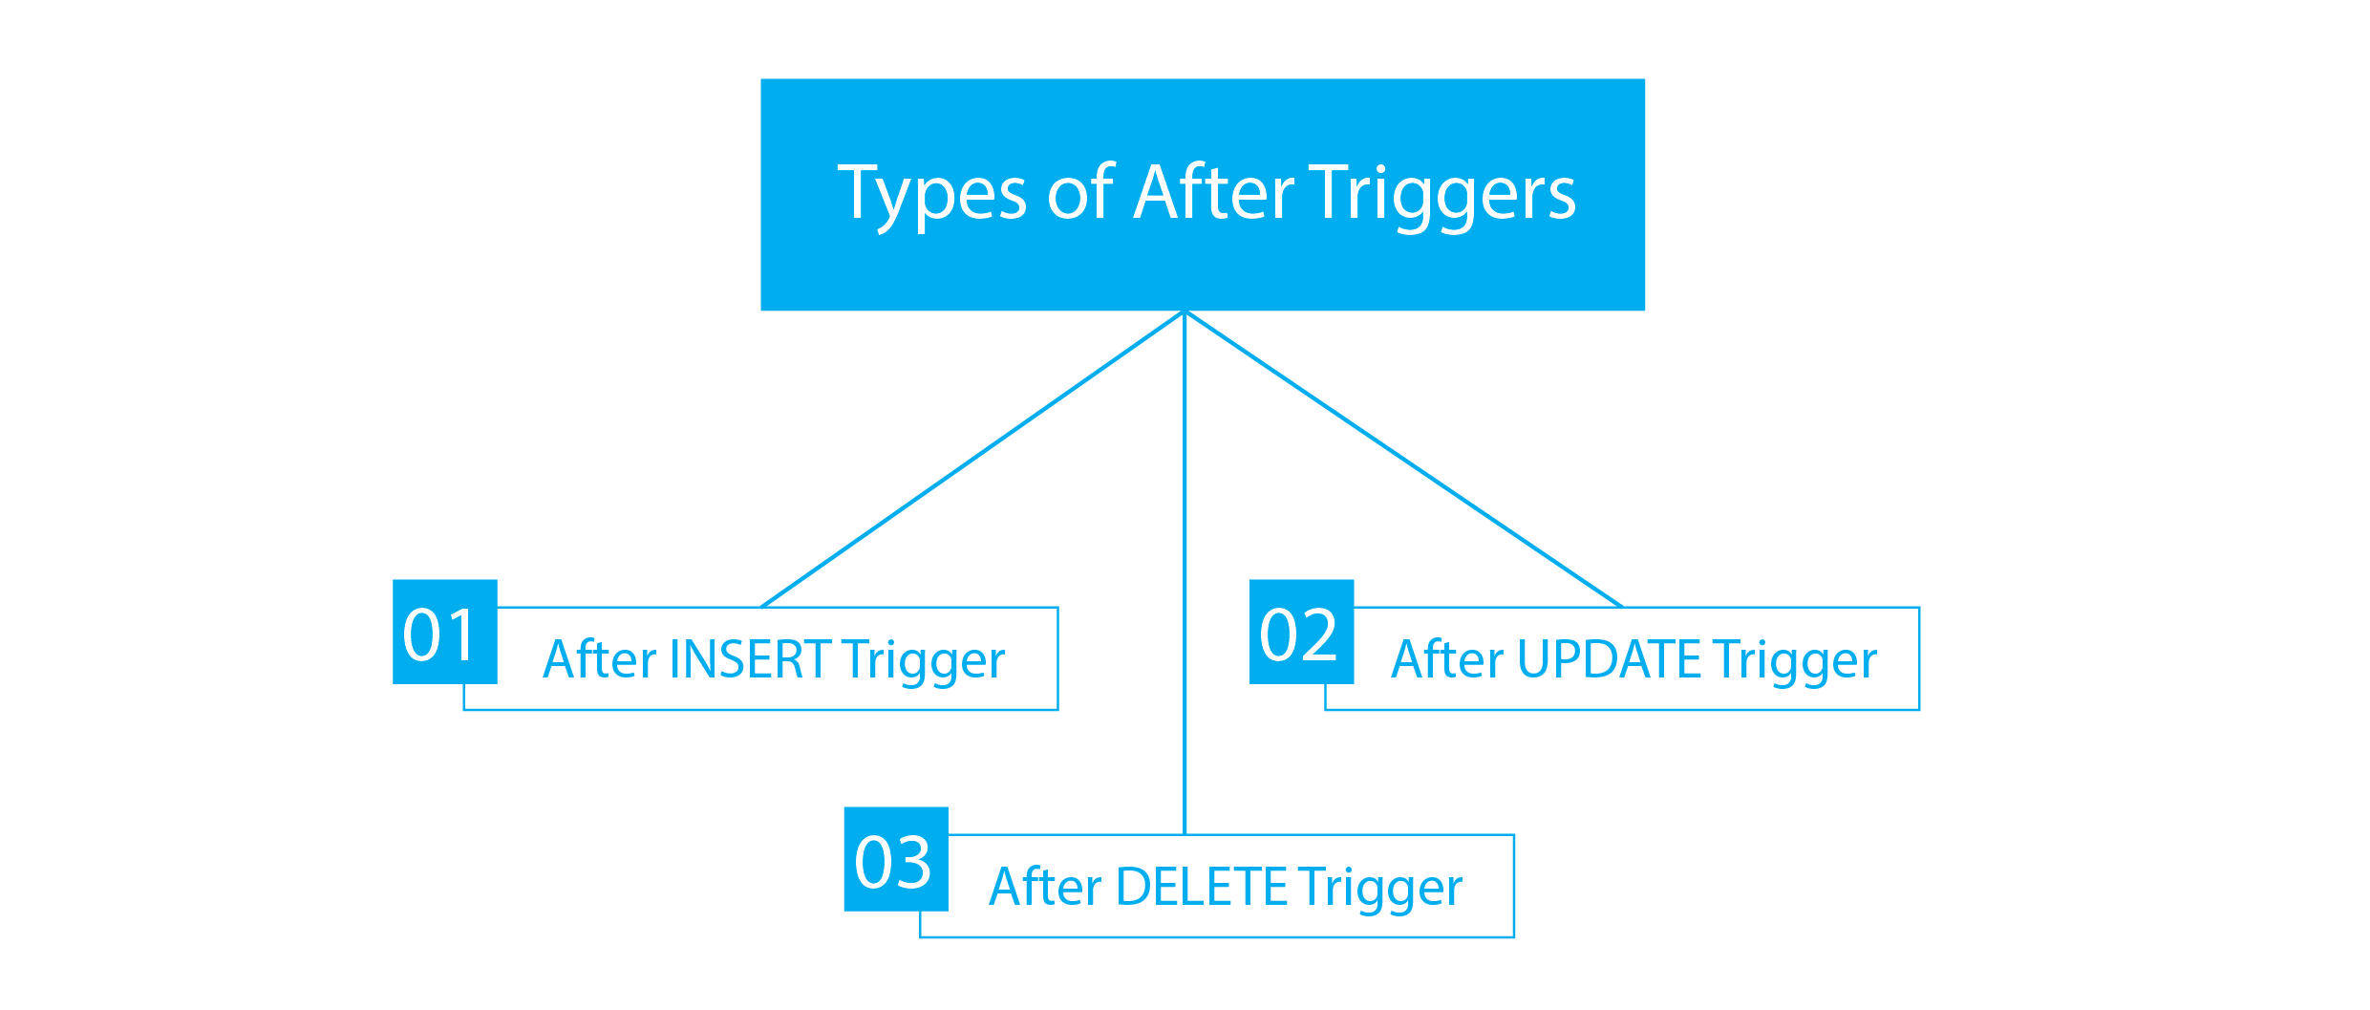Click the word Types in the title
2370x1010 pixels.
pos(930,194)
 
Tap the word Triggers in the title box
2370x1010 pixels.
pos(1441,194)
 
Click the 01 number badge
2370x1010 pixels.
pos(444,632)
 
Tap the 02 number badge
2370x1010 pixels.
pos(1301,632)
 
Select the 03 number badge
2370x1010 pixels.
pos(895,859)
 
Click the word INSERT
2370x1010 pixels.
pos(751,659)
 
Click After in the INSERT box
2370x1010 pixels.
pos(600,659)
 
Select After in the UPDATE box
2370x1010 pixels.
pos(1447,659)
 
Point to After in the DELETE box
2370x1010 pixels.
pos(1045,887)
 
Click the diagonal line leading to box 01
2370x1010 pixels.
pos(972,460)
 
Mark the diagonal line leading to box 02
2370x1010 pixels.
pos(1403,460)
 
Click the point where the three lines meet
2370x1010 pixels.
pos(1185,313)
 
